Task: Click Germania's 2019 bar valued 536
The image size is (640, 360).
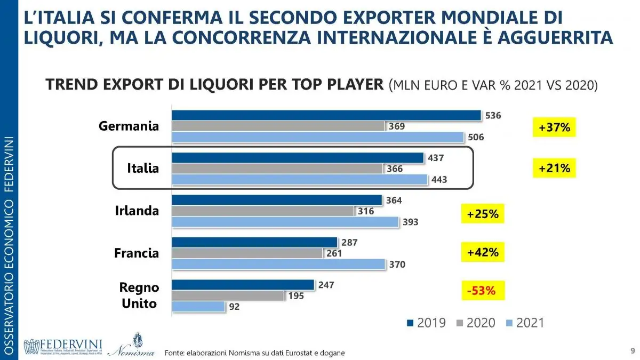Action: point(326,116)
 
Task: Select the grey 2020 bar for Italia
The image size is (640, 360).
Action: point(277,169)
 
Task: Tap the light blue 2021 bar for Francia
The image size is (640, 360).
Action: point(278,264)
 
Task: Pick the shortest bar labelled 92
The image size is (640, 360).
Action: point(198,307)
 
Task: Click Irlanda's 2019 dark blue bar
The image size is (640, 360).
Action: point(276,200)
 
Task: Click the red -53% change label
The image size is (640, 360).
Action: point(482,291)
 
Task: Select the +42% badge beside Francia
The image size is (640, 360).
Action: point(482,252)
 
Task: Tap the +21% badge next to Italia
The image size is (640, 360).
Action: point(554,169)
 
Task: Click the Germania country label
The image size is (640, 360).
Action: point(129,126)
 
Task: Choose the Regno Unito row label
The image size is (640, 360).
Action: point(139,295)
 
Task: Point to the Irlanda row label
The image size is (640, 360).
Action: point(137,211)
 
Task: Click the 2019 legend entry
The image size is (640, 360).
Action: point(426,323)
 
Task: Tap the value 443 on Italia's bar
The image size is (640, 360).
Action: point(439,180)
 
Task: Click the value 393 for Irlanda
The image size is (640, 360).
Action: point(410,222)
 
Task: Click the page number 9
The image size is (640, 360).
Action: point(632,350)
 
